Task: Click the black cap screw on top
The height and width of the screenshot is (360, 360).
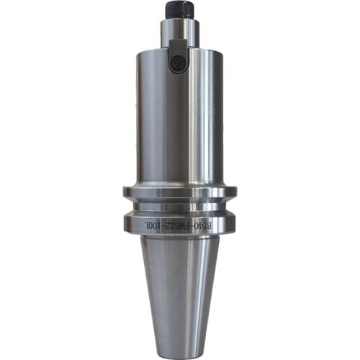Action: point(179,9)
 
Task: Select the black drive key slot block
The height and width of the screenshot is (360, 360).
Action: point(177,58)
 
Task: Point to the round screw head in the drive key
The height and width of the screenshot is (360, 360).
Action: point(176,64)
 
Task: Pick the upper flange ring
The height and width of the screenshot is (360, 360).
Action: point(179,192)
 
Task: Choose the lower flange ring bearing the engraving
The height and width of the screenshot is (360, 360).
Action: point(179,222)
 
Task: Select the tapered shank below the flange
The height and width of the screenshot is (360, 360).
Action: point(179,288)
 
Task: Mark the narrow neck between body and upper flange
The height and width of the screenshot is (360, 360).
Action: point(179,181)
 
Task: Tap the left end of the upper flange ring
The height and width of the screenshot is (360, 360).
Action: point(126,192)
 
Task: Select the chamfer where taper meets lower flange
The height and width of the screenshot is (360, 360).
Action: point(179,237)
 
